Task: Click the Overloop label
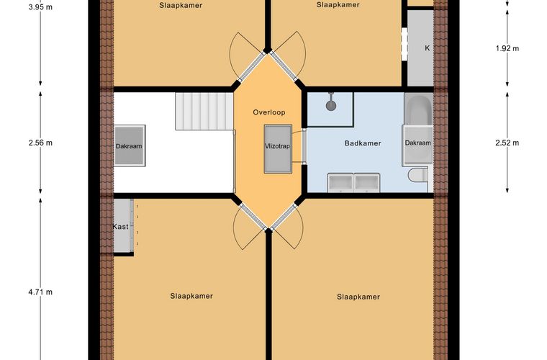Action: [x=269, y=112]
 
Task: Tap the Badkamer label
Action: [x=363, y=143]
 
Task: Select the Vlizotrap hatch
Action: [x=278, y=148]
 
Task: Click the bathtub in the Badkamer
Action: [x=418, y=109]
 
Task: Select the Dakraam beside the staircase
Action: [x=130, y=145]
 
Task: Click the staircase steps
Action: [x=204, y=112]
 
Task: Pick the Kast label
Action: [x=120, y=227]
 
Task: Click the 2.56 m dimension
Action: [x=40, y=143]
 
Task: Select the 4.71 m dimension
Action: [x=40, y=292]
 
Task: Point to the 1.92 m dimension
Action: [x=507, y=48]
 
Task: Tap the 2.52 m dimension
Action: [x=507, y=143]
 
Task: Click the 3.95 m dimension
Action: [x=40, y=7]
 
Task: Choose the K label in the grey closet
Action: [x=427, y=48]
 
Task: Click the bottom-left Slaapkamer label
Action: [x=191, y=296]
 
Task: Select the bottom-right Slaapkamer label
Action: [x=358, y=297]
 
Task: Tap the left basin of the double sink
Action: [x=340, y=183]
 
